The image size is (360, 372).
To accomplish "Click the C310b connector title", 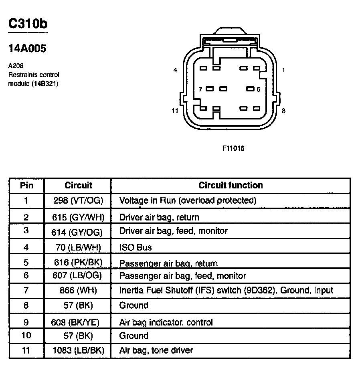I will (x=28, y=24).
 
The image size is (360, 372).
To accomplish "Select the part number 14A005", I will (x=27, y=49).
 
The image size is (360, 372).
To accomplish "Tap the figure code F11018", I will (x=233, y=148).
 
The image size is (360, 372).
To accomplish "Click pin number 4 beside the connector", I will (x=175, y=70).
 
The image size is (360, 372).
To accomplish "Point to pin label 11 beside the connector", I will (x=174, y=111).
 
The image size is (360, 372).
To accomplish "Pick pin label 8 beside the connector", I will (x=283, y=111).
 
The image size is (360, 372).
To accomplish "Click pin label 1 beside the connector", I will (x=283, y=70).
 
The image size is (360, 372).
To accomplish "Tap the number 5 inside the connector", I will (x=259, y=89).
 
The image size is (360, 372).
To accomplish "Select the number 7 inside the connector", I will (x=200, y=89).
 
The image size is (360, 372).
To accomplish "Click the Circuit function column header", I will (x=231, y=185).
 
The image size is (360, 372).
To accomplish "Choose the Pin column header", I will (x=26, y=185).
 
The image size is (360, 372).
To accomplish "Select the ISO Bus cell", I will (x=136, y=247).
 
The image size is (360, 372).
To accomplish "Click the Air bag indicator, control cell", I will (x=166, y=322).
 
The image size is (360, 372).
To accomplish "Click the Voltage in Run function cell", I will (x=188, y=200).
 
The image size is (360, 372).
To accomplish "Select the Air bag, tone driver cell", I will (x=156, y=350).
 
